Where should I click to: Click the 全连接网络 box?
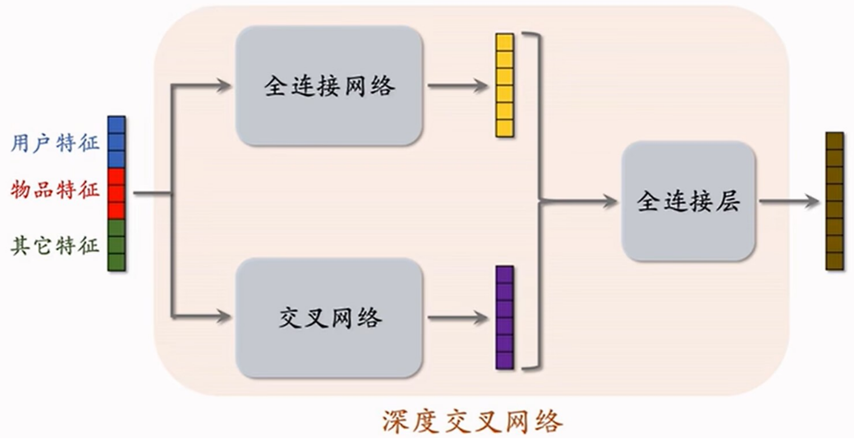pyautogui.click(x=329, y=86)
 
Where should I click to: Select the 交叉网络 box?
pyautogui.click(x=329, y=318)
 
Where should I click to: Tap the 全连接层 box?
pyautogui.click(x=688, y=201)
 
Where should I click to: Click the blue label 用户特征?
pyautogui.click(x=55, y=143)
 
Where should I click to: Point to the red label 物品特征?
pyautogui.click(x=55, y=190)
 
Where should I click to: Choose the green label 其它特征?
pyautogui.click(x=55, y=246)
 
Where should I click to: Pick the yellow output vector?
pyautogui.click(x=505, y=85)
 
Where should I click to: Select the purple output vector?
pyautogui.click(x=505, y=317)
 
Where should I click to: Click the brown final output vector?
pyautogui.click(x=835, y=201)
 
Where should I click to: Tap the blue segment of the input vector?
pyautogui.click(x=116, y=142)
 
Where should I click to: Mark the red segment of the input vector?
pyautogui.click(x=116, y=193)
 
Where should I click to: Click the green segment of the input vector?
pyautogui.click(x=116, y=245)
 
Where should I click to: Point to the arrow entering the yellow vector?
pyautogui.click(x=458, y=86)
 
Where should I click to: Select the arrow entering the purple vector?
pyautogui.click(x=458, y=317)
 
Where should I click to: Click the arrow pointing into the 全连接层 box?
pyautogui.click(x=578, y=201)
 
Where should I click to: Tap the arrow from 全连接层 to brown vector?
pyautogui.click(x=789, y=201)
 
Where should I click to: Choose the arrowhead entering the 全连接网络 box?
pyautogui.click(x=223, y=86)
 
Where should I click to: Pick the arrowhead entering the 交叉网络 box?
pyautogui.click(x=223, y=316)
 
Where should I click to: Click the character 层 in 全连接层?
pyautogui.click(x=728, y=201)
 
